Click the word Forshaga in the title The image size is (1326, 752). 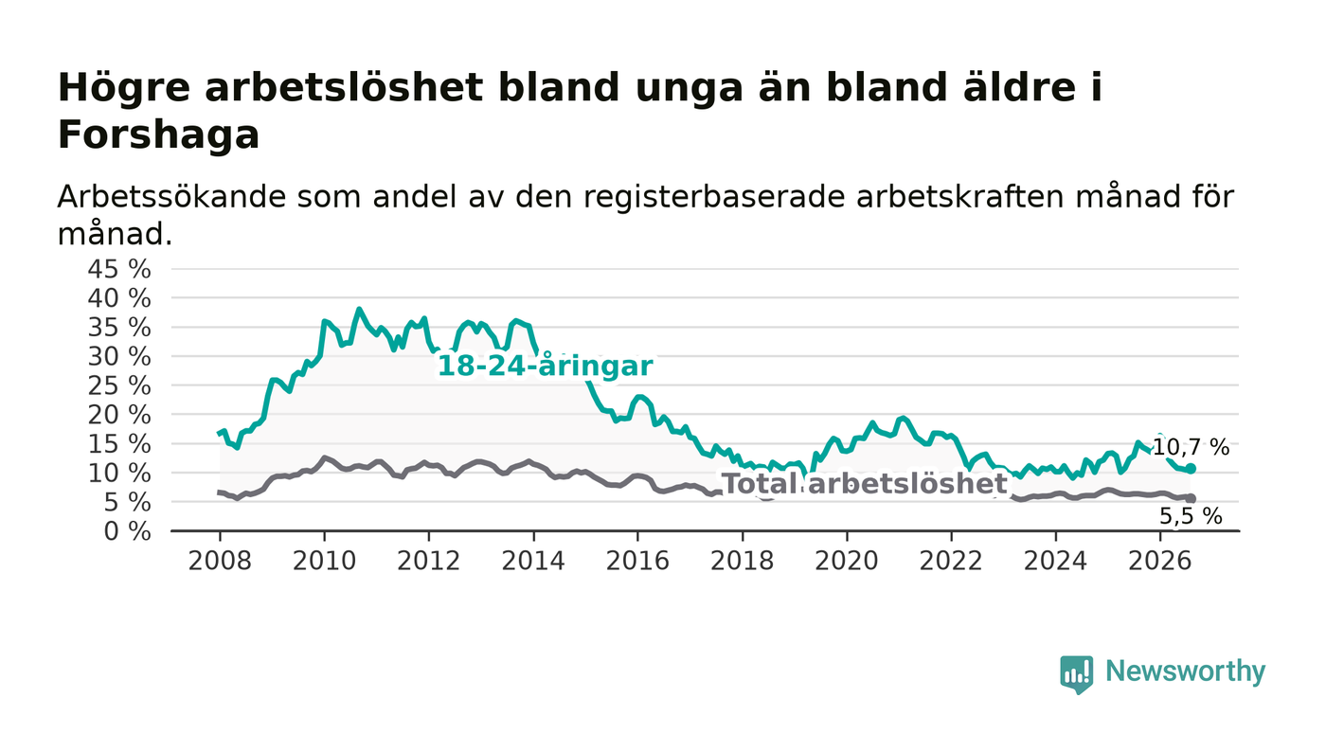159,135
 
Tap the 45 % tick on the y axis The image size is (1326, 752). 119,269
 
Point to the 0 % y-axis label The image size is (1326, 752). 127,531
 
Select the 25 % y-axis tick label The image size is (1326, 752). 119,386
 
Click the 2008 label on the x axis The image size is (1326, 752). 220,562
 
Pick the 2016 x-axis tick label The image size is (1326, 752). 637,562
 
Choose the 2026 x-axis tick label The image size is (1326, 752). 1159,562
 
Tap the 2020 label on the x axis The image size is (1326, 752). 847,562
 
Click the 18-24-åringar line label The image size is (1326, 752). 546,366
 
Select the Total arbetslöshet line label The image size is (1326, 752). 865,484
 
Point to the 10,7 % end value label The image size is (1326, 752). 1191,448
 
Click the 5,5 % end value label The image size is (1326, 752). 1191,516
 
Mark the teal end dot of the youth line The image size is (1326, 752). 1192,469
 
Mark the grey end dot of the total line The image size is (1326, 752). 1192,498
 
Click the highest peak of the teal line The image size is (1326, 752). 359,309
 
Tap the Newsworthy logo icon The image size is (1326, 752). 1077,674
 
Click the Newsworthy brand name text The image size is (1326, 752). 1185,671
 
